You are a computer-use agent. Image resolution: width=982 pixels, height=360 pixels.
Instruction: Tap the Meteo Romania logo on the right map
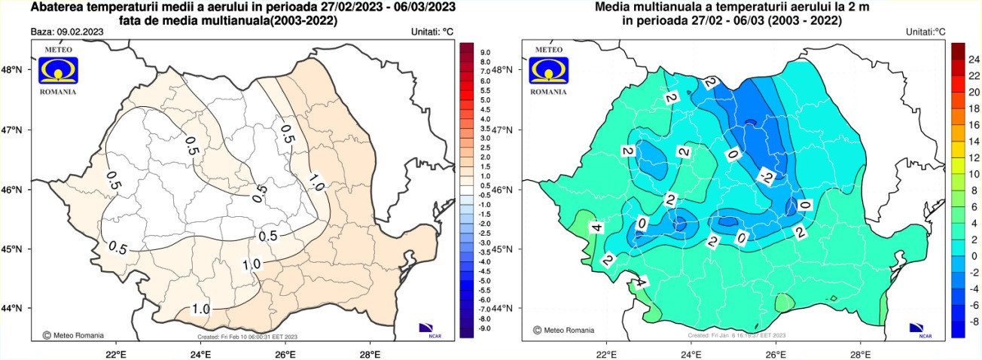click(549, 69)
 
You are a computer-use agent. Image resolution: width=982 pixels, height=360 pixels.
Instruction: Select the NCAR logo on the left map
click(427, 328)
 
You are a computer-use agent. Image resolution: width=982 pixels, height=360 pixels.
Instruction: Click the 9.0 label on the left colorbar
click(486, 52)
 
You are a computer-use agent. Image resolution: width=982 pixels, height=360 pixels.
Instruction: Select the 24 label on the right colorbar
click(973, 58)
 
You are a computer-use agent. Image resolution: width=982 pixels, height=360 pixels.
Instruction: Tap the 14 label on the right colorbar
click(973, 140)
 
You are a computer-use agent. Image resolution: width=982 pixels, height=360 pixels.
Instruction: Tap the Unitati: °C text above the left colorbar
click(432, 32)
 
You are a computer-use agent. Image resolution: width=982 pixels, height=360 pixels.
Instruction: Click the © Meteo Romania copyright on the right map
click(563, 330)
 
